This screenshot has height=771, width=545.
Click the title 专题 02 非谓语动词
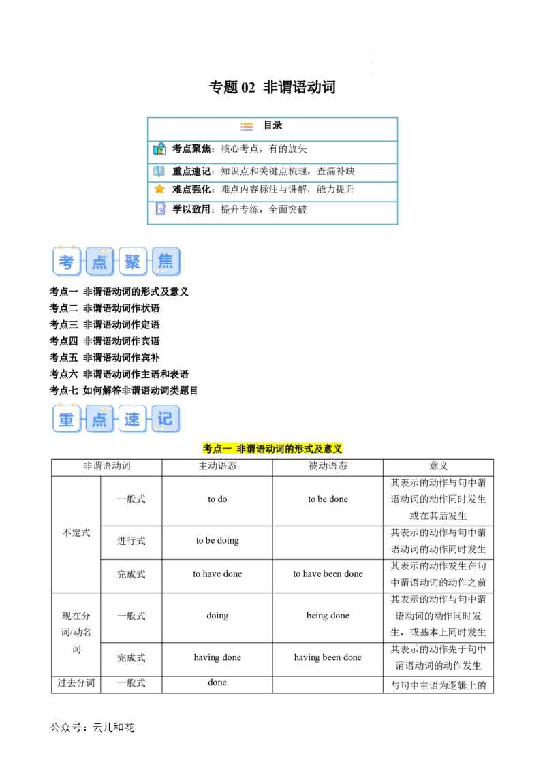(x=272, y=87)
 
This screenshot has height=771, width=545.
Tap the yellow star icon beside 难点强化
(x=159, y=189)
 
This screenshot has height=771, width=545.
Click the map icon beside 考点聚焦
(x=159, y=148)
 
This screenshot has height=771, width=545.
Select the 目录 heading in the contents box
(x=273, y=125)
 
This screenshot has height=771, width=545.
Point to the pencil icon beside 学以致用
(x=160, y=209)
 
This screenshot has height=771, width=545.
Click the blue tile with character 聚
(x=132, y=261)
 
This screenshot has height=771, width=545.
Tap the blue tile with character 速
(x=132, y=419)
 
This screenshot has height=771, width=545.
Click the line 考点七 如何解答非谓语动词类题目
(x=123, y=390)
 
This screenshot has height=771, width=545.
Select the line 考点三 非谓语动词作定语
(x=104, y=324)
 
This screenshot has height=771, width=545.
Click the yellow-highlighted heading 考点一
(x=272, y=448)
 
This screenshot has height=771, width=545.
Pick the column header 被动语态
(x=328, y=466)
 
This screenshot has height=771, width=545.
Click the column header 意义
(x=438, y=466)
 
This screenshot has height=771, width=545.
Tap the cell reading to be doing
(x=217, y=540)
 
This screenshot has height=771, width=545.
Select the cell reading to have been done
(x=328, y=574)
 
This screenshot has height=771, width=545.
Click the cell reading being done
(x=328, y=616)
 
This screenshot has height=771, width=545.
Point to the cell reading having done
(x=217, y=657)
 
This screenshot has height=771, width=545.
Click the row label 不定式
(x=76, y=533)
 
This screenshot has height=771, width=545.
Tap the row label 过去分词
(x=76, y=683)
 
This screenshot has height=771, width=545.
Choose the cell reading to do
(x=217, y=499)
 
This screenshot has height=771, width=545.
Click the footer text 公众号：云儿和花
(x=92, y=727)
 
